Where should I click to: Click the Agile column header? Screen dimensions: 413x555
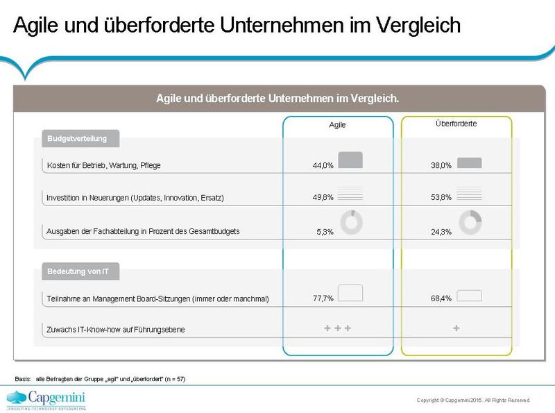[x=337, y=126]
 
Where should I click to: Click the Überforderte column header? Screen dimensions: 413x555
[x=456, y=124]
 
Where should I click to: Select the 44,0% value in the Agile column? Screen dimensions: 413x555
[x=323, y=166]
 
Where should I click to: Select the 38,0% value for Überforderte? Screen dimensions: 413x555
[x=441, y=166]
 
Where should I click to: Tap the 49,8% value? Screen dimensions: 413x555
[x=323, y=198]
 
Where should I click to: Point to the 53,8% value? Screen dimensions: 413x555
[x=441, y=198]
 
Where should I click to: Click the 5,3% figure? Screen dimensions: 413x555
[x=325, y=232]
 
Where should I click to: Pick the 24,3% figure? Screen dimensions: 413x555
[x=441, y=232]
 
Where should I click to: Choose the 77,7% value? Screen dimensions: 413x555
[x=323, y=298]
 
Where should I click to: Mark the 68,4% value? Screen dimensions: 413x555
[x=441, y=298]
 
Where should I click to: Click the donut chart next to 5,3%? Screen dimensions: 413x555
[x=351, y=222]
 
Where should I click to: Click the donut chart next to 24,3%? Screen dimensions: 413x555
[x=470, y=222]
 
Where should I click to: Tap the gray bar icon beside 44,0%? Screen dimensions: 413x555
[x=350, y=160]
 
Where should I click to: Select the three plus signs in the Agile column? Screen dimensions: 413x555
[x=338, y=328]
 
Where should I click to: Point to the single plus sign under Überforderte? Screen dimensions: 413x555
[x=456, y=328]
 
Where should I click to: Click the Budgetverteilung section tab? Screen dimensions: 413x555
[x=77, y=139]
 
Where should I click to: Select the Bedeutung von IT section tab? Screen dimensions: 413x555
[x=77, y=271]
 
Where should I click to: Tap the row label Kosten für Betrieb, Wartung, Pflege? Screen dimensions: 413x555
[x=104, y=166]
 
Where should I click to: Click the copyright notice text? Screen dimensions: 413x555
[x=472, y=400]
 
